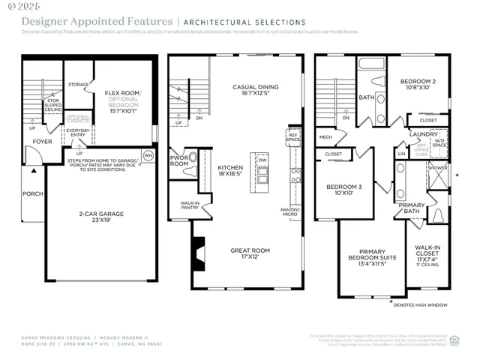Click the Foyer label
[x=42, y=140]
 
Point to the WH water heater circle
[x=148, y=155]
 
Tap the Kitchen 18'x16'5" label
[x=231, y=171]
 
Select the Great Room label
[x=250, y=253]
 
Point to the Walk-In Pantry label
[x=189, y=205]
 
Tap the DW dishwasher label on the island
[x=262, y=160]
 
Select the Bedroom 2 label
[x=418, y=83]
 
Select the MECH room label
[x=325, y=137]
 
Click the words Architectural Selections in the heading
[x=245, y=22]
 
